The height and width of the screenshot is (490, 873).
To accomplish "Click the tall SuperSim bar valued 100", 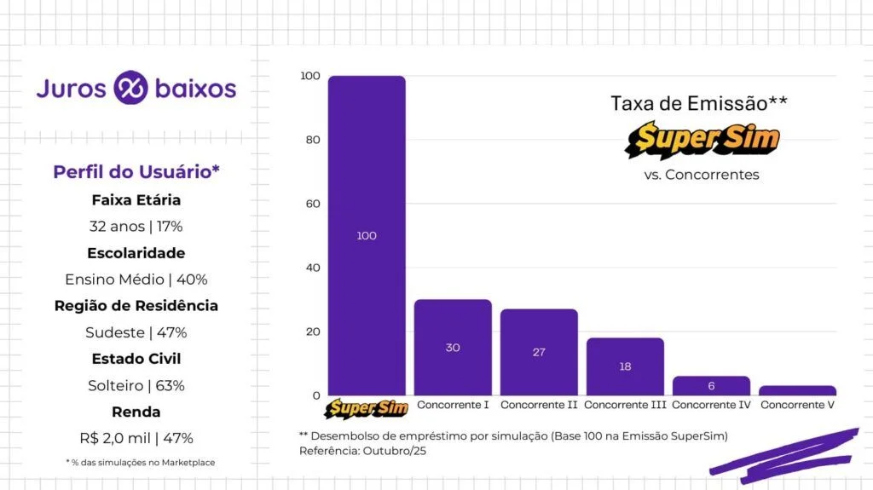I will coord(367,235).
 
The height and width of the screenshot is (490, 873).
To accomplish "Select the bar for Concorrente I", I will coord(453,347).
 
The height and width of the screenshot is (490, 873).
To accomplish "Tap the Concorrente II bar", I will coord(539,352).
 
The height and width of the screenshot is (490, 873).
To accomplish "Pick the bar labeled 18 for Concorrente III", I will coord(625,366).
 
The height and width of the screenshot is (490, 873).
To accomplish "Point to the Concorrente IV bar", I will coord(711,385).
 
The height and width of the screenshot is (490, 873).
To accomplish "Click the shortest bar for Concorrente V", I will coord(797,390).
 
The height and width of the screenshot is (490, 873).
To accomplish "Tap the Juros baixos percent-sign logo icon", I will coord(130,88).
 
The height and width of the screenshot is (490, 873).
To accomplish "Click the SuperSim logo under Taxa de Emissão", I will coord(702,141).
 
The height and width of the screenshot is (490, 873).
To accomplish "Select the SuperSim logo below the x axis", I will coord(367,409).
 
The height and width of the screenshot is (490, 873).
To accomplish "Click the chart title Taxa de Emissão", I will coord(698,103).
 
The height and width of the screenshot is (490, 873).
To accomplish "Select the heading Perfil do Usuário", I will coord(136,171).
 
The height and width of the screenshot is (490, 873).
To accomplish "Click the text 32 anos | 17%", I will coord(136,227).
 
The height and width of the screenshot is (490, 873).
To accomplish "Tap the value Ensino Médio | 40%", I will coord(136,280).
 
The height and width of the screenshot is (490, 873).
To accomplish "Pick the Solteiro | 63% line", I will coord(136,385).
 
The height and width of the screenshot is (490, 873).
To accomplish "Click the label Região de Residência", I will coord(136,306).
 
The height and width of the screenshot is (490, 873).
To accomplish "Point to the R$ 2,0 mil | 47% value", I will coord(136,438).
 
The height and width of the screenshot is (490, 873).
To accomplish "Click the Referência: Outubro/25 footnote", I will coord(362,451).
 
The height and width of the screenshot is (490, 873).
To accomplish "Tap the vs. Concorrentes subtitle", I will coord(701,175).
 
